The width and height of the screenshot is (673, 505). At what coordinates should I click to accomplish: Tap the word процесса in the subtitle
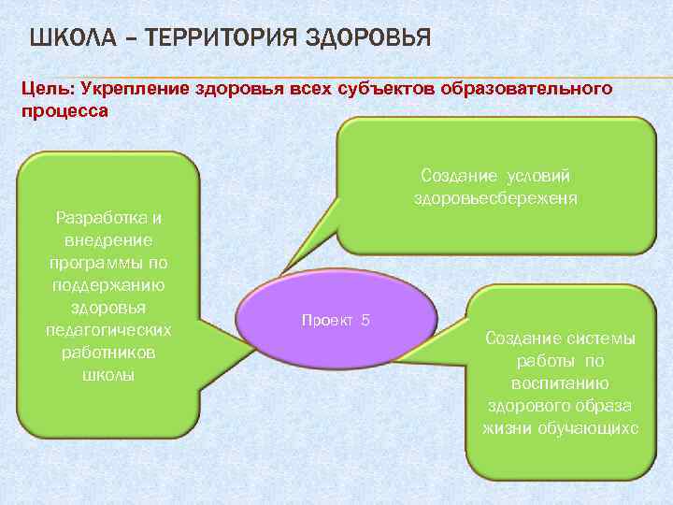64,110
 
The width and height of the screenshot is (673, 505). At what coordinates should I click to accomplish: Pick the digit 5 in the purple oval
365,320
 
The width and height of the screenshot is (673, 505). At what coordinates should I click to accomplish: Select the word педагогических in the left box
108,330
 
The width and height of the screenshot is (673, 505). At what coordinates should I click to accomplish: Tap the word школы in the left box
108,375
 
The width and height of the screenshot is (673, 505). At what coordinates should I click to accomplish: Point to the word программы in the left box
108,263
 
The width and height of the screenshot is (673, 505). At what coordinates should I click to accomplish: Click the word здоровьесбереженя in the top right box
495,198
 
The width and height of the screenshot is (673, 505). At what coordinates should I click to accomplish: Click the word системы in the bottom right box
600,339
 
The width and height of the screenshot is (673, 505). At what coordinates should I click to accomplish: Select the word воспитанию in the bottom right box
561,383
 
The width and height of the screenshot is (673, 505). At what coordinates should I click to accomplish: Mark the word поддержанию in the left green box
108,285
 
